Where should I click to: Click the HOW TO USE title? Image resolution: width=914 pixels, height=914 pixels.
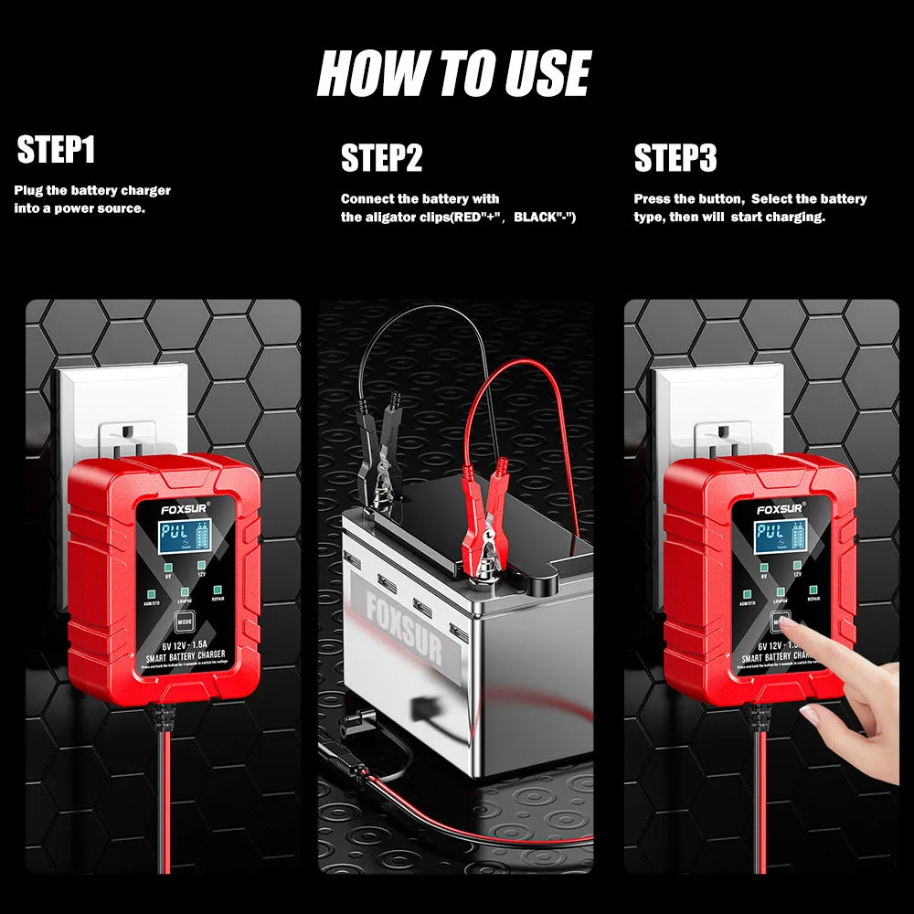click(x=454, y=74)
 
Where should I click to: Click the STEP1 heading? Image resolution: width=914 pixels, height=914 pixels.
click(x=57, y=151)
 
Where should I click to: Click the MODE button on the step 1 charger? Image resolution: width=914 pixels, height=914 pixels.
click(x=184, y=622)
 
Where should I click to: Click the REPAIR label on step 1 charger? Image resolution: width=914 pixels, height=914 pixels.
click(x=218, y=600)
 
